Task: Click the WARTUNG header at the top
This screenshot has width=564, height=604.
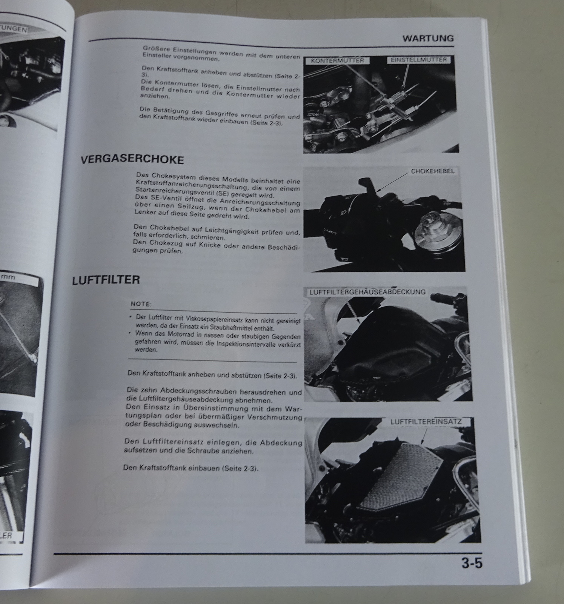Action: (428, 38)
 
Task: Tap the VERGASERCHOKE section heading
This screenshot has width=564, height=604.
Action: (132, 160)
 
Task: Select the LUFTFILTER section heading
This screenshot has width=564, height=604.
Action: (106, 280)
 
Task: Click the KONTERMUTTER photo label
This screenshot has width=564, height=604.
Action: (338, 60)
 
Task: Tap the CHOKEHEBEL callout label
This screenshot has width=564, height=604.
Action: (432, 171)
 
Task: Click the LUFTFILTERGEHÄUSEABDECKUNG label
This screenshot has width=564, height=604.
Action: (367, 292)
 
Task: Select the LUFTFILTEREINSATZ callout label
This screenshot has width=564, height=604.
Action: (426, 422)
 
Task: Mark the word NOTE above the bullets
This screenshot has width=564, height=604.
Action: (141, 304)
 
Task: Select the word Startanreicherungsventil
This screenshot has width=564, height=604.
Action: (174, 189)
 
